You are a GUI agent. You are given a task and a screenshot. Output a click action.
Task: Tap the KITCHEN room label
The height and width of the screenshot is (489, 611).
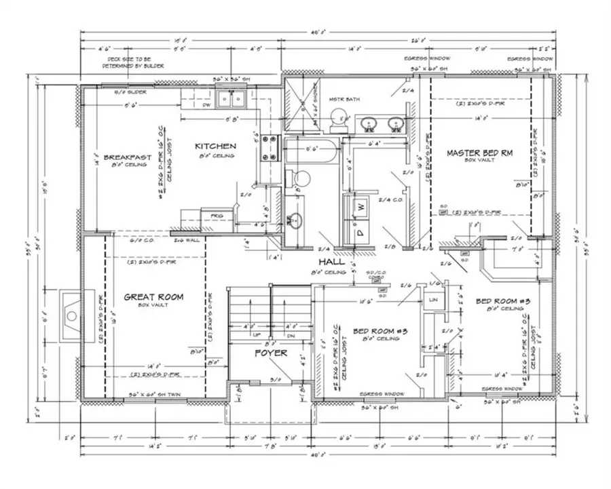215,146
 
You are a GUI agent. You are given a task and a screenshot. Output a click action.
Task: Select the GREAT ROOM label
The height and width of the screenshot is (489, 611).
153,296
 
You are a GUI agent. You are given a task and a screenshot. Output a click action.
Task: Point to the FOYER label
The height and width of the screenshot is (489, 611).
271,353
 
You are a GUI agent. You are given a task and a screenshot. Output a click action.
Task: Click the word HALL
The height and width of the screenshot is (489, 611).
331,261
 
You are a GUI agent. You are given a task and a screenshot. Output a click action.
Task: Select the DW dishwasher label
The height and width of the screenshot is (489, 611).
207,104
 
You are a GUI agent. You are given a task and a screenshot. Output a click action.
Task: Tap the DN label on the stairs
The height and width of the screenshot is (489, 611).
291,336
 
